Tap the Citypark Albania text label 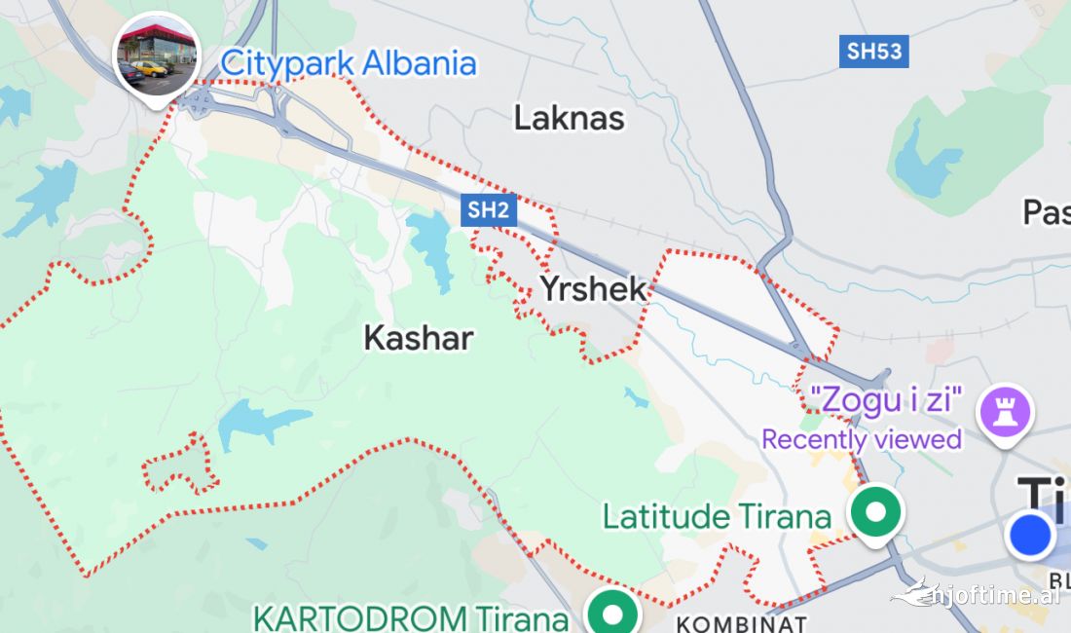(349, 63)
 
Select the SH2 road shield (489, 209)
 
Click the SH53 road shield (874, 51)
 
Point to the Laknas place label (570, 119)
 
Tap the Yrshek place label (593, 288)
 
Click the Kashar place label (419, 338)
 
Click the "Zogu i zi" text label (887, 399)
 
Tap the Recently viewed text (862, 439)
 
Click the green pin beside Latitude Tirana (876, 511)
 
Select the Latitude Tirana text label (717, 516)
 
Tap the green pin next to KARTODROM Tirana (612, 614)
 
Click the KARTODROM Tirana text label (410, 618)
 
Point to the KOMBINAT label (742, 623)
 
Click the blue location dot (1030, 536)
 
